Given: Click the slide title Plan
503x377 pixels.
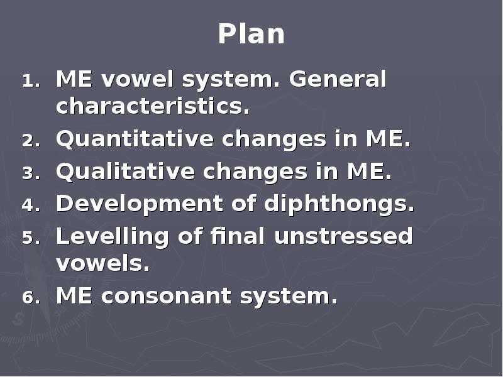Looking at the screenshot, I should point(251,34).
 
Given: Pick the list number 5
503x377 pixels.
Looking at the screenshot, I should point(30,238).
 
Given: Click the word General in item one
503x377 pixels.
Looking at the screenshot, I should point(338,80).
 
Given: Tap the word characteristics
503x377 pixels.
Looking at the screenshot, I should point(153,107).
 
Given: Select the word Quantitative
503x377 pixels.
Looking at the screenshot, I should point(134,139).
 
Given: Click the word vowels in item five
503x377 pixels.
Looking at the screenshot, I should point(102,264).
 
